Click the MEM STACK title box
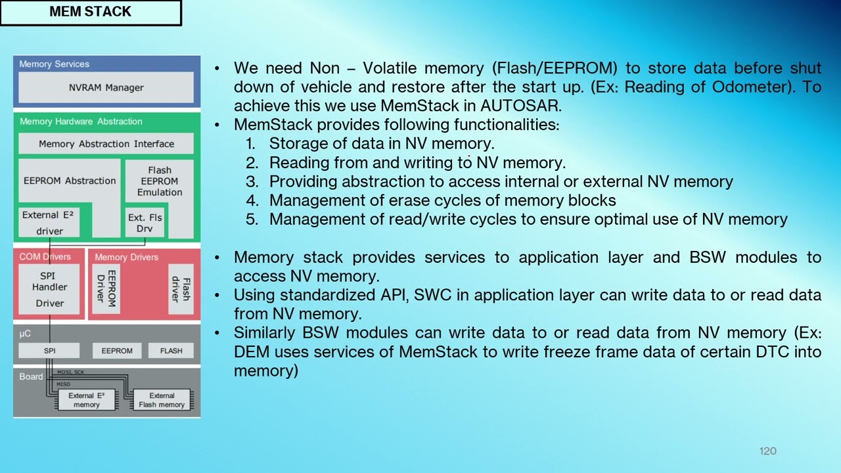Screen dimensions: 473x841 (x=91, y=12)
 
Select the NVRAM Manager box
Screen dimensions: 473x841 (x=106, y=87)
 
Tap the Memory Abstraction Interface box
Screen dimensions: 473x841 (x=106, y=144)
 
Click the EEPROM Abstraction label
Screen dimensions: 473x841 (x=70, y=181)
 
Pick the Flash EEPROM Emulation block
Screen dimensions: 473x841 (x=159, y=181)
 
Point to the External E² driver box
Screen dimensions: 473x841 (x=49, y=223)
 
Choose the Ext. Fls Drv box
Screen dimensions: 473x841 (x=145, y=223)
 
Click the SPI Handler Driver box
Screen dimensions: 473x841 (x=49, y=289)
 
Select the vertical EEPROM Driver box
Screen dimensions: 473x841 (x=106, y=287)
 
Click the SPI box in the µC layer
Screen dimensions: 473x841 (x=49, y=351)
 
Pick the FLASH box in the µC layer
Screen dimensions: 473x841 (x=171, y=351)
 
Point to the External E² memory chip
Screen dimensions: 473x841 (x=86, y=400)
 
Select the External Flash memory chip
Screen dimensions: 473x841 (x=162, y=400)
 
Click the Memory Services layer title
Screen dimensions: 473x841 (x=54, y=64)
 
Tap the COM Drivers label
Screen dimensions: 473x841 (x=45, y=256)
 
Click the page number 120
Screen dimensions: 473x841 (x=767, y=451)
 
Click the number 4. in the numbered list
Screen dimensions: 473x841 (x=252, y=200)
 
